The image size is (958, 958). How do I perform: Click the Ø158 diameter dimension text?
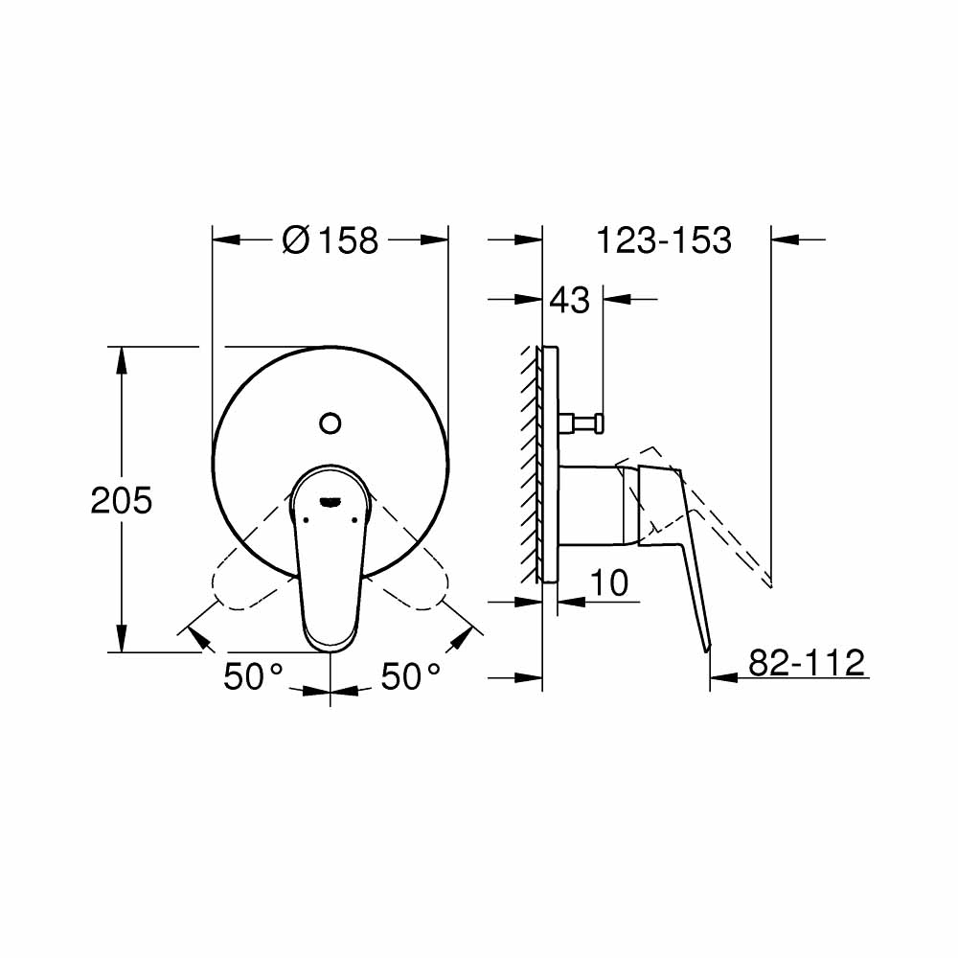(x=331, y=239)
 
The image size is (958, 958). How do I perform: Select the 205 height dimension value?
(x=121, y=499)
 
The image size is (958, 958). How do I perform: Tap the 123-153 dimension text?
(x=664, y=239)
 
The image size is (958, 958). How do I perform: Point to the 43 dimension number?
(x=569, y=300)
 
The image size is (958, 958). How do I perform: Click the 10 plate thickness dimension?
(x=609, y=582)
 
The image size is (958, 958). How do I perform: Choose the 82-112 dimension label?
(x=806, y=662)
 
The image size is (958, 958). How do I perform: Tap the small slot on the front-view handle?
(x=330, y=498)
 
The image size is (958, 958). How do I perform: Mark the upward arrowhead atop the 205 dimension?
(x=121, y=359)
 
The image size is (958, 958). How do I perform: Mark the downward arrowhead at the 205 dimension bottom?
(x=121, y=639)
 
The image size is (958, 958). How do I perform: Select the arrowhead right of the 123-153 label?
(x=784, y=239)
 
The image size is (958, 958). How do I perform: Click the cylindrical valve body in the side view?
(x=594, y=504)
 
